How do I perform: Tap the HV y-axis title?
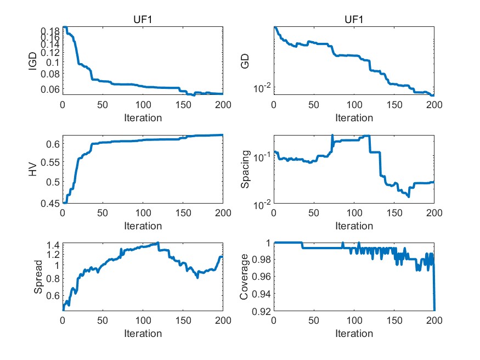tap(33, 170)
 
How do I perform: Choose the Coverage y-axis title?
tap(245, 277)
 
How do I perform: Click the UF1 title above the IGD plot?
tap(142, 20)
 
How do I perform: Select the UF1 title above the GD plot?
tap(354, 20)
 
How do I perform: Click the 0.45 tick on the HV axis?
tap(49, 204)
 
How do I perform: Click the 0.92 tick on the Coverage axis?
tap(261, 312)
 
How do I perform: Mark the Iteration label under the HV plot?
tap(142, 226)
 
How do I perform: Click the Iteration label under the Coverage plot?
tap(354, 333)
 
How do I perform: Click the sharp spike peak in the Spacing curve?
tap(332, 135)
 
